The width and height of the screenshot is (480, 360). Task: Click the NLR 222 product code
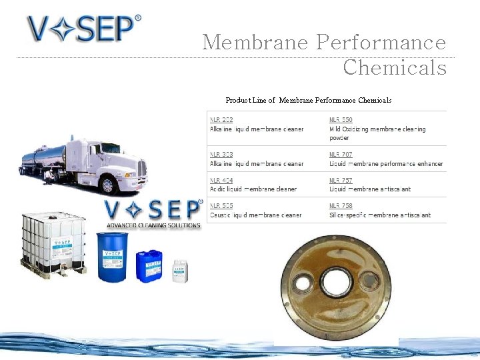221,120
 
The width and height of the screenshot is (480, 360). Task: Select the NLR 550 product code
341,120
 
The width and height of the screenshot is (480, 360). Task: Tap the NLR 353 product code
221,155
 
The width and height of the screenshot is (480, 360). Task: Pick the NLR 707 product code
341,155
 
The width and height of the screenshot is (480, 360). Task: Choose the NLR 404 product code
221,181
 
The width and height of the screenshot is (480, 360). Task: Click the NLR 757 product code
341,181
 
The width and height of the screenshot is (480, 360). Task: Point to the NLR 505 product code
221,206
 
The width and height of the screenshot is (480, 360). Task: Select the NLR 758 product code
341,206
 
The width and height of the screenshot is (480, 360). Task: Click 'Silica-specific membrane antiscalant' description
380,215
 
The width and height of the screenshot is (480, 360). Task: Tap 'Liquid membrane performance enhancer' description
386,163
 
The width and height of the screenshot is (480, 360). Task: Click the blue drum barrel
113,257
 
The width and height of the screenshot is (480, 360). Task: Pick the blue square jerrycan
149,265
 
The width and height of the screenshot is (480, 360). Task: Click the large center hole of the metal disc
337,282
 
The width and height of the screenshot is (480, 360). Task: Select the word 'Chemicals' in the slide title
395,67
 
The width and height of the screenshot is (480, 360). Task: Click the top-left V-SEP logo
83,29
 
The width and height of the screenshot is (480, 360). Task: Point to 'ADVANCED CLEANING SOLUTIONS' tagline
153,225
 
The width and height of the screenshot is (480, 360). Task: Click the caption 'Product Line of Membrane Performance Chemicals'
308,100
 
